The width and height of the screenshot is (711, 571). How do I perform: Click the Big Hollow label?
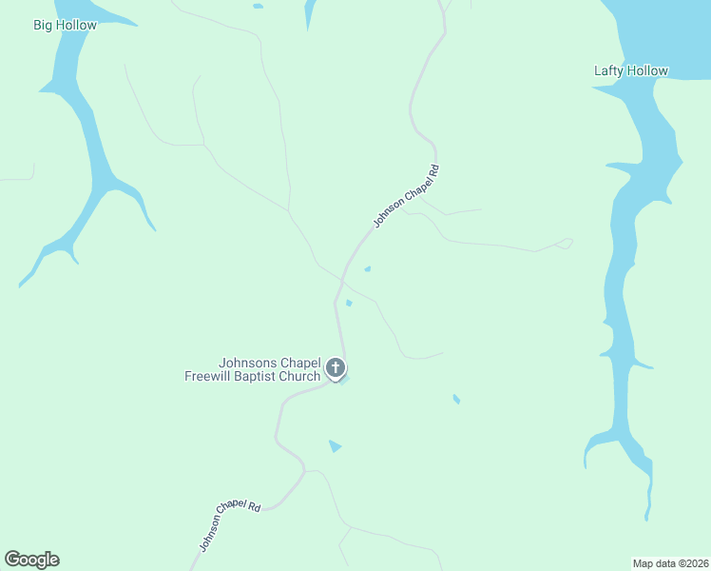tap(66, 25)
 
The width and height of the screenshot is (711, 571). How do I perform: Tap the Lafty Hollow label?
tap(631, 70)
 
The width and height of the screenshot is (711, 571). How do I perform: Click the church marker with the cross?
tap(335, 367)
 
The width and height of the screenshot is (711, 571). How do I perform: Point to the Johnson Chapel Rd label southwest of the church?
tap(229, 523)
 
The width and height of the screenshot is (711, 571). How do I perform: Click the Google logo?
tap(32, 560)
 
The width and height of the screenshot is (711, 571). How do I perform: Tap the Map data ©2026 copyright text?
tap(671, 563)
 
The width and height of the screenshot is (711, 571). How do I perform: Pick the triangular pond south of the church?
tap(334, 445)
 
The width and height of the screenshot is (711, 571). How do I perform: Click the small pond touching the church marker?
tap(344, 379)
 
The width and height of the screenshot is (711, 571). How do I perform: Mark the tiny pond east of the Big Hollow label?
tap(258, 7)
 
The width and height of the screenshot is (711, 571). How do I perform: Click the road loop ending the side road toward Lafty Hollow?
tap(566, 244)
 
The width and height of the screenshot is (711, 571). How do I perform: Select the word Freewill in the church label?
tap(209, 376)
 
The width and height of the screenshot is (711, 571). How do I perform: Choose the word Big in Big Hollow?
tap(44, 25)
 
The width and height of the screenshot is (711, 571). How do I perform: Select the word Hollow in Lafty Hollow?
tap(648, 70)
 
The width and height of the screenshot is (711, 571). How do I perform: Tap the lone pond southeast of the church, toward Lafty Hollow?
tap(456, 399)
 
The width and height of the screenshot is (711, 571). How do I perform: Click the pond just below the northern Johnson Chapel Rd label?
tap(367, 268)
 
